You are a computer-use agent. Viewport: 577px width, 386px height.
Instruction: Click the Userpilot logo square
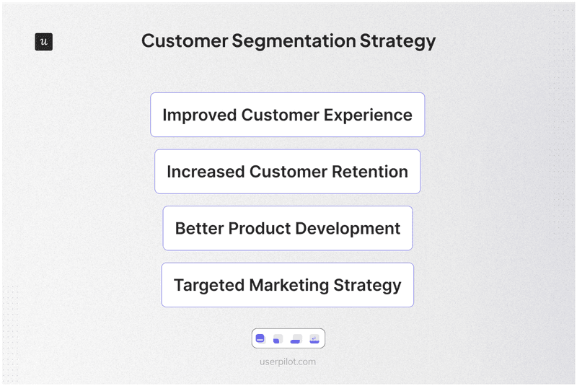[43, 42]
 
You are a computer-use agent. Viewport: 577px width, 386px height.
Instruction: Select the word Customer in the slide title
[184, 41]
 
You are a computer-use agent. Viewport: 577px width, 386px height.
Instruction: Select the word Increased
[206, 172]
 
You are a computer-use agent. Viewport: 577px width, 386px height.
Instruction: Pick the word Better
[199, 229]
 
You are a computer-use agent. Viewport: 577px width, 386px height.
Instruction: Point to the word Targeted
[208, 285]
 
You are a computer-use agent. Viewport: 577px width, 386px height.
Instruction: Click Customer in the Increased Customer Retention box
[288, 172]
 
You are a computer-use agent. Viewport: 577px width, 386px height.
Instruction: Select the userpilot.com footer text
[288, 362]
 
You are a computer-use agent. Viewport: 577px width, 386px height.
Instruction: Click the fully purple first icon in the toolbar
[260, 338]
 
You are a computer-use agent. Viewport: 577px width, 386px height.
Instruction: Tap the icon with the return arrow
[314, 338]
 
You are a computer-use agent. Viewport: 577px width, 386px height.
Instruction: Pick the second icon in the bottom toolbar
[278, 338]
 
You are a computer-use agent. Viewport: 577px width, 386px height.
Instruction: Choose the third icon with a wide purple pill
[296, 338]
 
